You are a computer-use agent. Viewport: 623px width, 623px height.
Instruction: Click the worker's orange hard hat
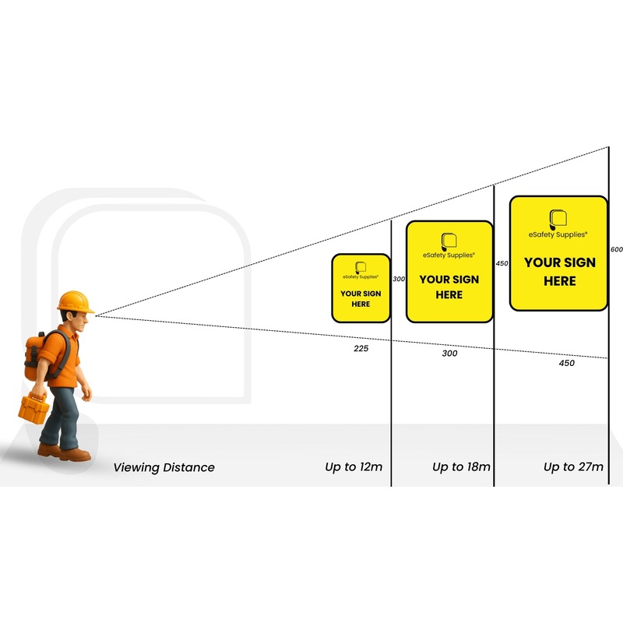(x=76, y=301)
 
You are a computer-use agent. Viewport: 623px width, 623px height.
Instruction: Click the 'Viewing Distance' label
(x=164, y=468)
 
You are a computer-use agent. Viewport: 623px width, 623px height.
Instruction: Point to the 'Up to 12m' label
(x=354, y=467)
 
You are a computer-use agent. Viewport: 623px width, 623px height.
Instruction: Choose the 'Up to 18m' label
(x=462, y=467)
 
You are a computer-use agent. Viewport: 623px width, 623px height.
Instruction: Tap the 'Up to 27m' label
(x=573, y=467)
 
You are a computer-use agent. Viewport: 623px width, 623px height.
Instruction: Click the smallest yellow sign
(x=361, y=288)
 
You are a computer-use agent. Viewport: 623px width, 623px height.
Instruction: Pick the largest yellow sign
(x=558, y=253)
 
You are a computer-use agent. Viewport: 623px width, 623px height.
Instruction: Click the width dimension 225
(x=361, y=348)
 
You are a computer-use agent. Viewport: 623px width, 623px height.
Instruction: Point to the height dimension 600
(x=617, y=250)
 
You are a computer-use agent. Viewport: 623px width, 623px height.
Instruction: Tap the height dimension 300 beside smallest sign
(x=399, y=279)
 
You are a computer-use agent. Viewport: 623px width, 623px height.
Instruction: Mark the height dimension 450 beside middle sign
(x=502, y=263)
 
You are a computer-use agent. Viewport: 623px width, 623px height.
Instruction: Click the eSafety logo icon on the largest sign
(x=558, y=219)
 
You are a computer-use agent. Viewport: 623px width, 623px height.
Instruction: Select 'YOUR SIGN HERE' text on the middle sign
(x=449, y=287)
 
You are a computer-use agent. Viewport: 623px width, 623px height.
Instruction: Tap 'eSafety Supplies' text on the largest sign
(x=558, y=234)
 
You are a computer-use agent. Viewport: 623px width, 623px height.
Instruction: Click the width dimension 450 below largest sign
(x=566, y=363)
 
